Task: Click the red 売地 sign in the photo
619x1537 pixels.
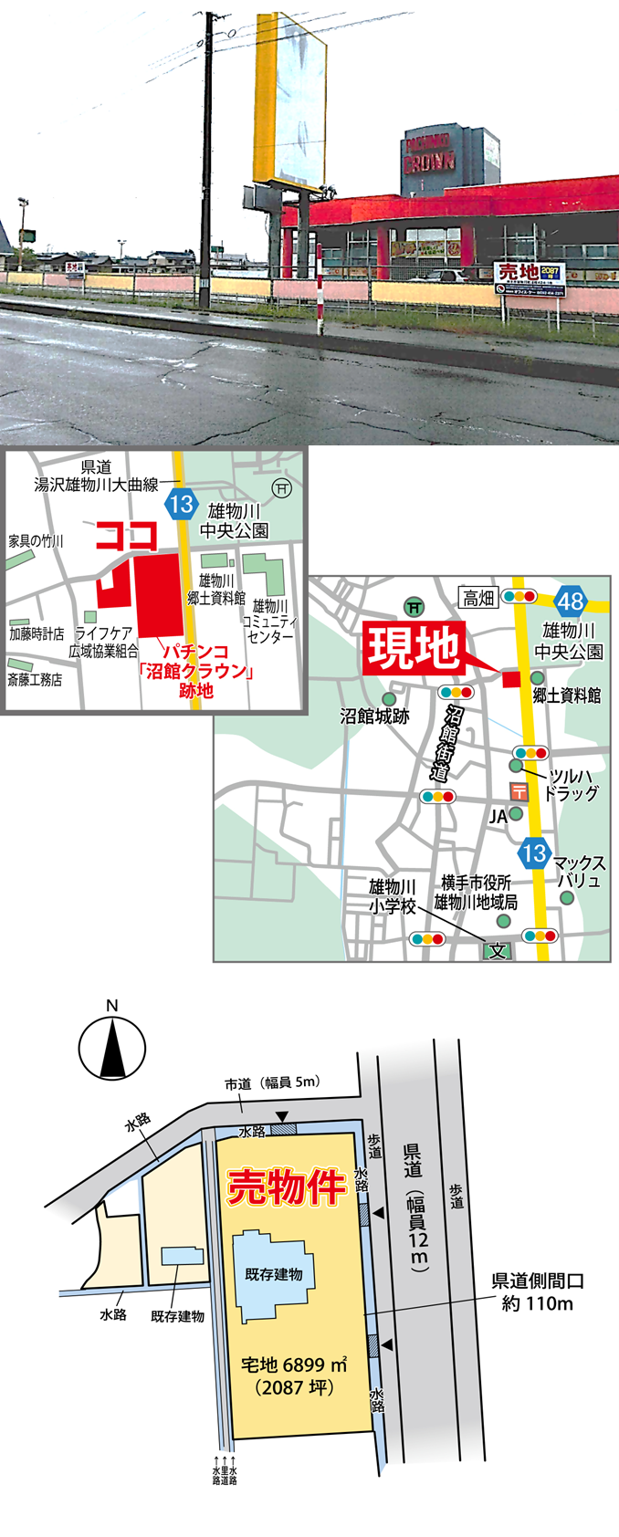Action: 518,271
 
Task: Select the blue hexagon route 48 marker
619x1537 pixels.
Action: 572,601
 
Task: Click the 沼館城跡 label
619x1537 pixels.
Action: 374,716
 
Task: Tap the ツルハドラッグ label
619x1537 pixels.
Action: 572,784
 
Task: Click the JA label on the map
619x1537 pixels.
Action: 498,817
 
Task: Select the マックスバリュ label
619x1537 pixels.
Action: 579,872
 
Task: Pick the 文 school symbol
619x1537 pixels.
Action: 498,950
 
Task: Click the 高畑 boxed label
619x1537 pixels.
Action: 478,598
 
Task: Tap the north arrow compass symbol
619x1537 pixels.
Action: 112,1047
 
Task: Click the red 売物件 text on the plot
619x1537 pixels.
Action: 286,1187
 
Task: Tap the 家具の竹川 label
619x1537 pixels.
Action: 37,541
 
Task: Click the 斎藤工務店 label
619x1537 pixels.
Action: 35,679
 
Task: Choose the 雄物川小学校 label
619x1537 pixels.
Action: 393,896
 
